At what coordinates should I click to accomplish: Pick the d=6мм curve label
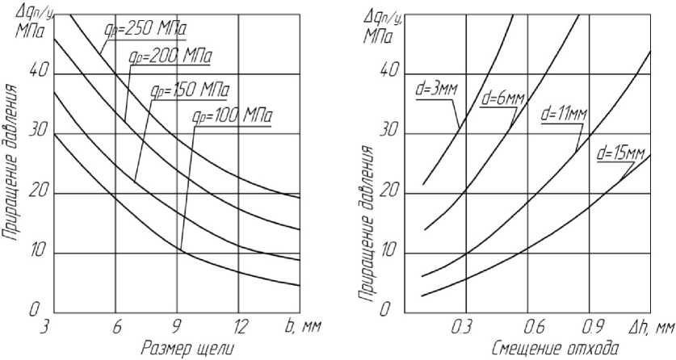pyautogui.click(x=502, y=99)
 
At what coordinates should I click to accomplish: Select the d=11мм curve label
pyautogui.click(x=565, y=115)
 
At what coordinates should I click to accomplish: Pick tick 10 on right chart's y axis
pyautogui.click(x=388, y=252)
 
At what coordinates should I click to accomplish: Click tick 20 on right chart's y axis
pyautogui.click(x=388, y=192)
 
